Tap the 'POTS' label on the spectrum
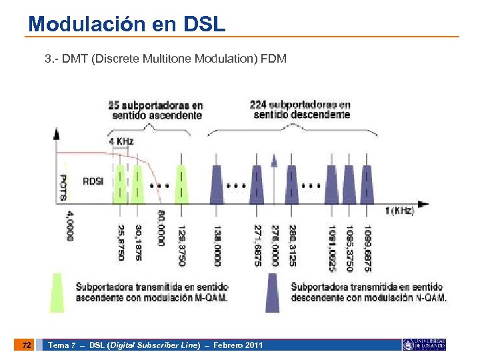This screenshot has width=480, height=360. (x=63, y=187)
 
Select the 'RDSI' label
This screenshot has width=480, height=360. (x=93, y=181)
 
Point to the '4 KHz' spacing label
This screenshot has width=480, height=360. (x=121, y=141)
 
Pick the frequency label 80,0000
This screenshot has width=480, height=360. (x=161, y=227)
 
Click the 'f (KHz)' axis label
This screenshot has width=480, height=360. (x=399, y=211)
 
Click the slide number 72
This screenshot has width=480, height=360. (x=27, y=345)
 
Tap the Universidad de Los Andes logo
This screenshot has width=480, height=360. (x=424, y=344)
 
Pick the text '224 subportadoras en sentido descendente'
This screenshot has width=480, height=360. (x=300, y=109)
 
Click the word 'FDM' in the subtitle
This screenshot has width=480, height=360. (x=275, y=59)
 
